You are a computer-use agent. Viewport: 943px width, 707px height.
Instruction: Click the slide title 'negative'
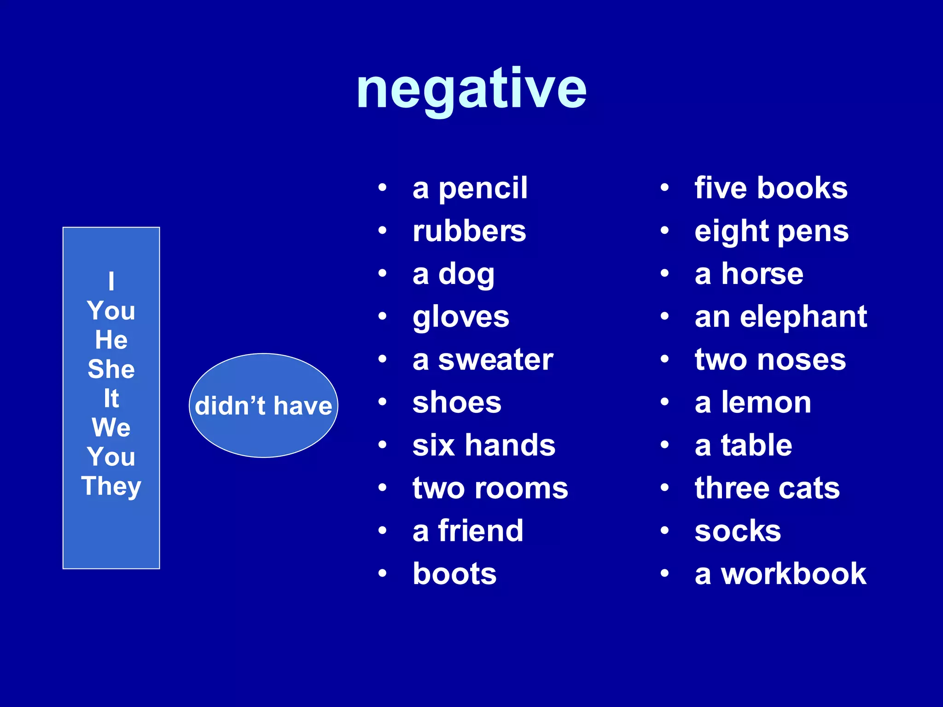[471, 90]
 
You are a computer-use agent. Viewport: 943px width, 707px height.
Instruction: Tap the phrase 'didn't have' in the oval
[263, 406]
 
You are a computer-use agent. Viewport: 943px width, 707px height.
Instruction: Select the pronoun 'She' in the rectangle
[111, 369]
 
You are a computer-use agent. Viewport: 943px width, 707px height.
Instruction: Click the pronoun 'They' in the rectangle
[111, 487]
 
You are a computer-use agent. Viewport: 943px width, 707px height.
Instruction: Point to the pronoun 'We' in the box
[111, 428]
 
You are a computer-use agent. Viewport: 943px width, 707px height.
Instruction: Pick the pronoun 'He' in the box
[111, 340]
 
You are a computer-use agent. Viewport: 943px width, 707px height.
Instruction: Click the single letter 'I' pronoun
[111, 281]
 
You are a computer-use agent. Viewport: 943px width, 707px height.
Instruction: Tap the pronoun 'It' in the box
[111, 399]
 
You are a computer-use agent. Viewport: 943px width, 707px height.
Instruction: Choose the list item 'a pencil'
[470, 188]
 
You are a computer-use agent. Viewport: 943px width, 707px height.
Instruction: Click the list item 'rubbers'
[469, 231]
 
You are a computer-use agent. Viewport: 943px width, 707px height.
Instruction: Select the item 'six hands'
[484, 446]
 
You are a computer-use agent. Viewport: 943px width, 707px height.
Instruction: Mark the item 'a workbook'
[780, 574]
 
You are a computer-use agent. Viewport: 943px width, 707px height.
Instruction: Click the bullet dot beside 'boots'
[382, 573]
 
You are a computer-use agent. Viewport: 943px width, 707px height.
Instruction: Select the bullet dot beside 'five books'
[664, 187]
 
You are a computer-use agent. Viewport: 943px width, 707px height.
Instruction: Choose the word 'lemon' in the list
[766, 403]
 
